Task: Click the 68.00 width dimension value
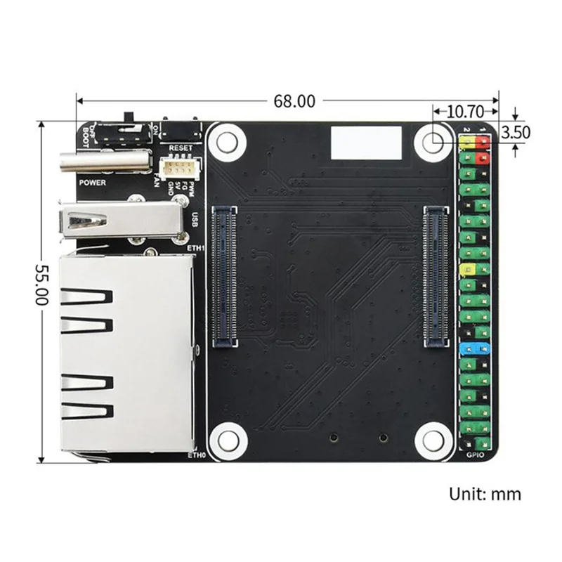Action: point(294,101)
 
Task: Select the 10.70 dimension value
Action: point(464,111)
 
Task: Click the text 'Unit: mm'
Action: point(485,494)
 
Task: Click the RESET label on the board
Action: point(181,148)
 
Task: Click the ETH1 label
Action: point(196,247)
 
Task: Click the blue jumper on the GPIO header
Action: point(474,348)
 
